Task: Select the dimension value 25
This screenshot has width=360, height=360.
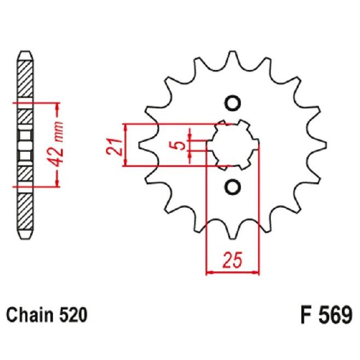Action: (232, 262)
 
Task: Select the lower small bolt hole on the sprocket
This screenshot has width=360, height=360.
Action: (233, 187)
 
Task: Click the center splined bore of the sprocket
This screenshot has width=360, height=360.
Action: (233, 145)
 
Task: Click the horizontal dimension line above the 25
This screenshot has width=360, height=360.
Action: (232, 271)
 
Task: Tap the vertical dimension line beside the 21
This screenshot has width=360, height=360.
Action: (127, 145)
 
